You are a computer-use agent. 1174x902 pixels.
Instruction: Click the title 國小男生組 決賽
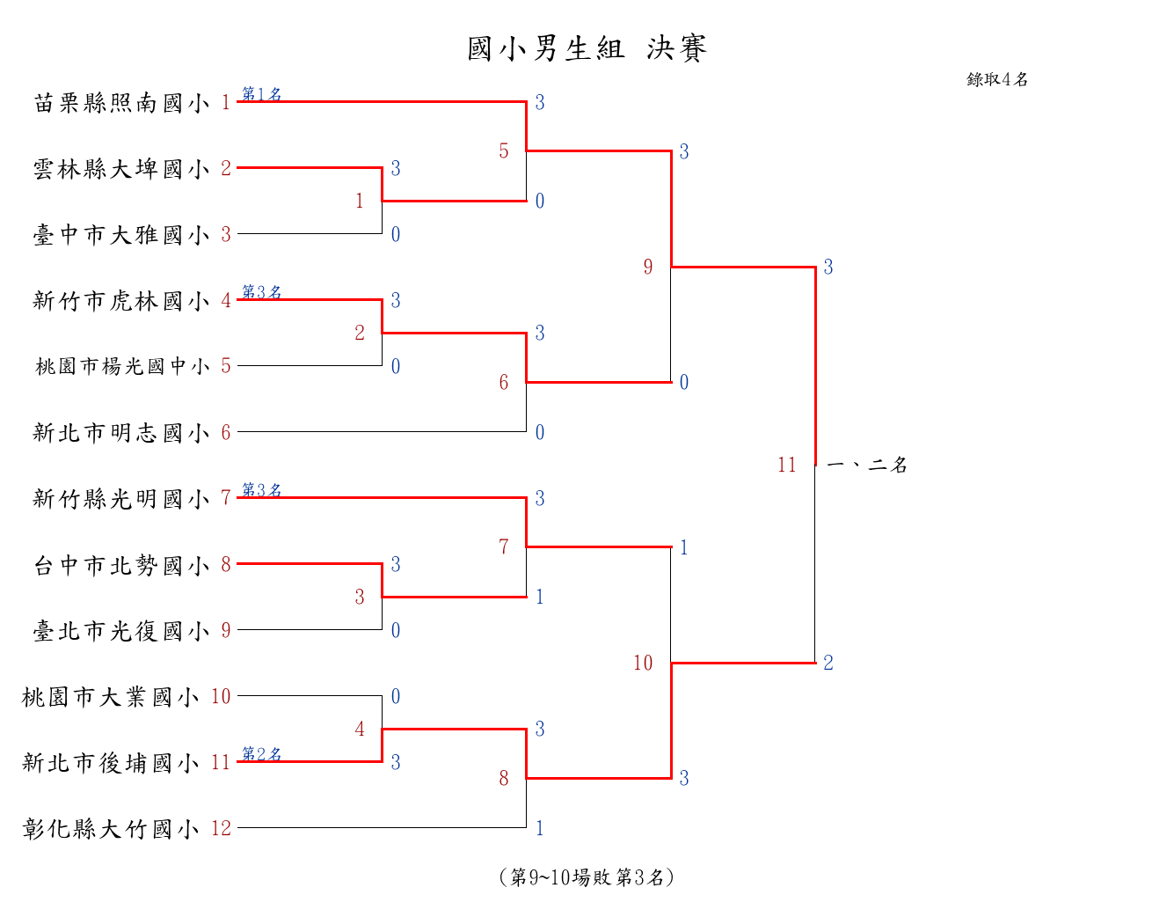pos(587,48)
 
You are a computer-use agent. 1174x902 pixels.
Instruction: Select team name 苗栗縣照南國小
pos(121,103)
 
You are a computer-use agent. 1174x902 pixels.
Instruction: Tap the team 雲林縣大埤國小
pos(121,169)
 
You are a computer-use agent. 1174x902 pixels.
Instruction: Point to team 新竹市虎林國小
pos(121,301)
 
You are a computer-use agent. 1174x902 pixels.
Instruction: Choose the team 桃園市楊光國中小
pos(122,366)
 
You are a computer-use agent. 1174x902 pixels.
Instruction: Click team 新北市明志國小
pos(121,433)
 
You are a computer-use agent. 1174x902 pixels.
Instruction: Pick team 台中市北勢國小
pos(121,565)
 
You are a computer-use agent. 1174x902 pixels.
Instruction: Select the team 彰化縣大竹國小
pos(111,829)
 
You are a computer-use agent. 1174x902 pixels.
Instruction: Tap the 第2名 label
pos(261,753)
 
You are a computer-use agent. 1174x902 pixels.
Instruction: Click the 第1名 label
pos(261,93)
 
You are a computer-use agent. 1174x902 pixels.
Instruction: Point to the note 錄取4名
pos(997,79)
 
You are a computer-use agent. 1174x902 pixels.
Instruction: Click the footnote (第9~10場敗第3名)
pos(587,877)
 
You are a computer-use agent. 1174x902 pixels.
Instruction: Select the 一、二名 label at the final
pos(867,465)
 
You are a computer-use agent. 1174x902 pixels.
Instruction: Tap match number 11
pos(787,465)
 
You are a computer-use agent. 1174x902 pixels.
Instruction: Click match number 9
pos(648,267)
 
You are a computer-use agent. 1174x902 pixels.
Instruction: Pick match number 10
pos(643,663)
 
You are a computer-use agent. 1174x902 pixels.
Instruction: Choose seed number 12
pos(221,828)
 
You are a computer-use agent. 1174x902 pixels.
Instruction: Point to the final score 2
pos(828,663)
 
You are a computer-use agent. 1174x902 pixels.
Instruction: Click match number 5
pos(504,150)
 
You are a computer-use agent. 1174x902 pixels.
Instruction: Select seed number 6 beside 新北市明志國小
pos(226,432)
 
